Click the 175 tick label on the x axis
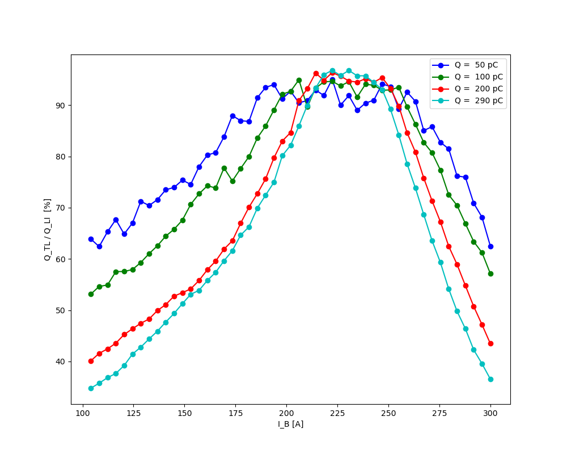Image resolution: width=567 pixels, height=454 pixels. (x=236, y=413)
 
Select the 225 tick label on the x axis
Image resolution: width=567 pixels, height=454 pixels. (x=337, y=413)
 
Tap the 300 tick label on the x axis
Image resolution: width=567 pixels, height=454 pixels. (x=490, y=413)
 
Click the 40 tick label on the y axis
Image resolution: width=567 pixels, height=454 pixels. (x=61, y=361)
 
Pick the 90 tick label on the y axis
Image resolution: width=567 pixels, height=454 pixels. (x=61, y=106)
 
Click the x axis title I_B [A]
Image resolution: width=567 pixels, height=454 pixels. (x=290, y=424)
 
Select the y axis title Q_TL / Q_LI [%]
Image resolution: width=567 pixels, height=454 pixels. (x=48, y=229)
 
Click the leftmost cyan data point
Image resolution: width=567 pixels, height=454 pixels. (x=91, y=388)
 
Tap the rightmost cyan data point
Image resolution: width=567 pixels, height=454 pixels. (x=490, y=379)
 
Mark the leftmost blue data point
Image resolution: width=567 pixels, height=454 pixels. (x=91, y=239)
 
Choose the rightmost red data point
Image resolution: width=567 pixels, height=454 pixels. (x=490, y=343)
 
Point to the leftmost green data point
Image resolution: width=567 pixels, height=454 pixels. (x=91, y=294)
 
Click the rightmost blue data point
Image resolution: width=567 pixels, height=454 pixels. (x=490, y=246)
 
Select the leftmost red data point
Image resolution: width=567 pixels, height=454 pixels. (x=91, y=361)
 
